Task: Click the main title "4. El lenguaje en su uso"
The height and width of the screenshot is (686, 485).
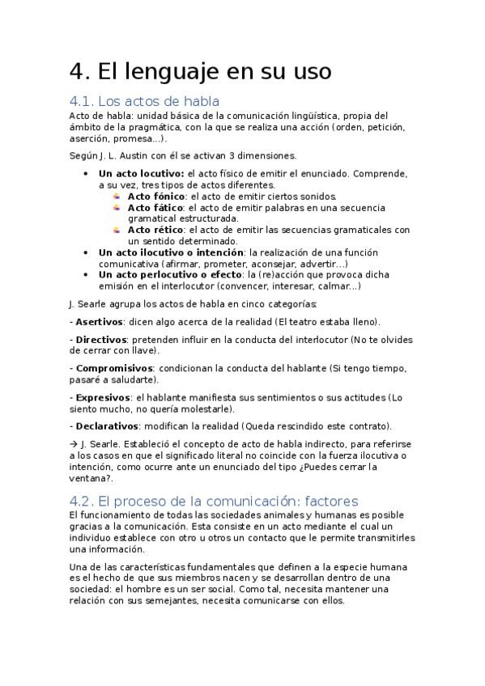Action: (x=200, y=71)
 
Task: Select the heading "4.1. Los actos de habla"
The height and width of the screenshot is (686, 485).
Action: (x=144, y=101)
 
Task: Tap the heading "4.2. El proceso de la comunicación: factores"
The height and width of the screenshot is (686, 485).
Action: (x=214, y=501)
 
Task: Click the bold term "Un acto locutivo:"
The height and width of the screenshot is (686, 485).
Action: (x=142, y=173)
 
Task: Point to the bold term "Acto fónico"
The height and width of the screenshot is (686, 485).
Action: (x=156, y=196)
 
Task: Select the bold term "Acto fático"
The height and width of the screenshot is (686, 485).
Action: (x=155, y=207)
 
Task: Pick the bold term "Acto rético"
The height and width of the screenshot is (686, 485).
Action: (x=155, y=230)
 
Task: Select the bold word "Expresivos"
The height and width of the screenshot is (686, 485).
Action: (x=102, y=397)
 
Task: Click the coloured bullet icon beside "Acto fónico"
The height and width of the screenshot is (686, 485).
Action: (x=117, y=196)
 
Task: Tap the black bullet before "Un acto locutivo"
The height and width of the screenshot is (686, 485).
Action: (x=87, y=173)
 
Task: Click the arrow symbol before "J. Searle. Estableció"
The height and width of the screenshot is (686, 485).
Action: (x=74, y=444)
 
